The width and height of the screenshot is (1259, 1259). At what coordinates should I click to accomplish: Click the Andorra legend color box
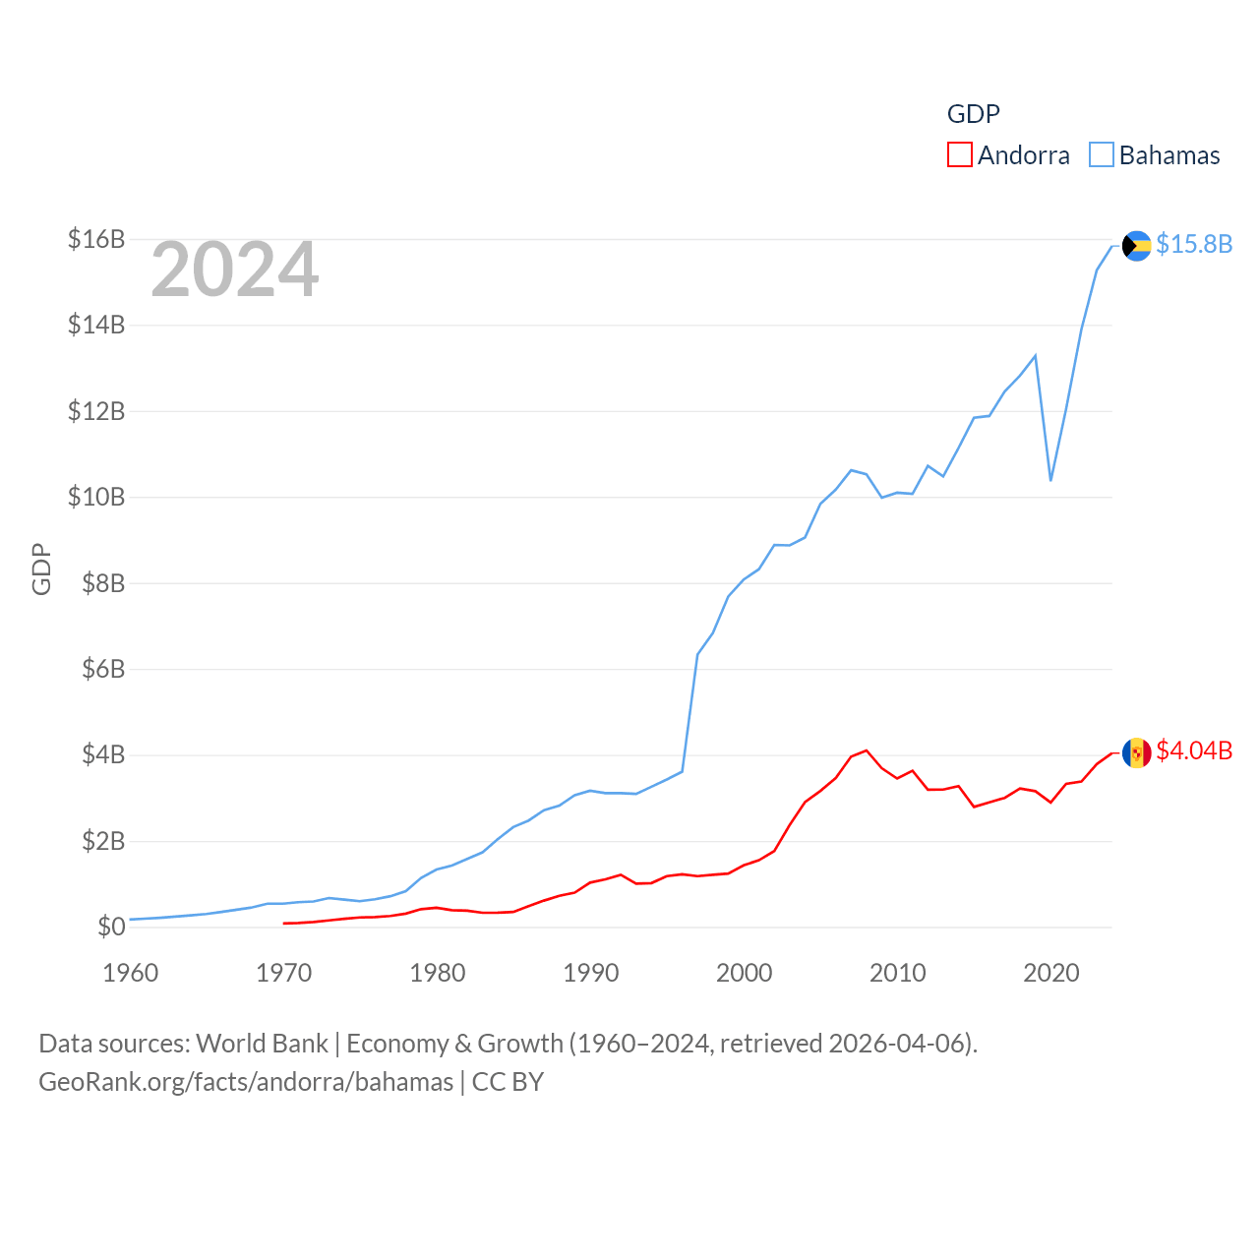959,154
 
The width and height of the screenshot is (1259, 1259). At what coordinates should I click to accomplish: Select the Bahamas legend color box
1102,154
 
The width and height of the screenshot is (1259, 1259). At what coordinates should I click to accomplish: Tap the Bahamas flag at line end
1137,245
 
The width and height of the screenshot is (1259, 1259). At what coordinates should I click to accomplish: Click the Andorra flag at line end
1137,752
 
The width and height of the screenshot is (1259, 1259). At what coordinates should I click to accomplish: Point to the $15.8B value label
1194,244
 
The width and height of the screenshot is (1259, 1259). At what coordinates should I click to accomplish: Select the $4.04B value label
1194,750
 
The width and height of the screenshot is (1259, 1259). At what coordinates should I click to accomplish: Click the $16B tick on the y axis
96,239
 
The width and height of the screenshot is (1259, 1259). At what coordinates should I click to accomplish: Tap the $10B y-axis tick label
96,497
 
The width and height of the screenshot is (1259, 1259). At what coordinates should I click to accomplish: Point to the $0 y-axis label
111,927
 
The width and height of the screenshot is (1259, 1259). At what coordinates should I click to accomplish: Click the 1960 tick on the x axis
131,973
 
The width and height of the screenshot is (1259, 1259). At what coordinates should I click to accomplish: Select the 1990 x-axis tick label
591,973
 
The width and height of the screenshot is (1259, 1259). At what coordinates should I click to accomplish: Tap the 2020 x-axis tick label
1051,973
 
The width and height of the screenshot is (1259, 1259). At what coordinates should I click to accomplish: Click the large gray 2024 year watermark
235,270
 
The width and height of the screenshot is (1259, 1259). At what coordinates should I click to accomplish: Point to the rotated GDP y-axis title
41,569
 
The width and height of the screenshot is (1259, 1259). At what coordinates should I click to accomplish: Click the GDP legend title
973,114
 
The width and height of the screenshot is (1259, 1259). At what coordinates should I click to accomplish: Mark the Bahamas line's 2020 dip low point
1050,480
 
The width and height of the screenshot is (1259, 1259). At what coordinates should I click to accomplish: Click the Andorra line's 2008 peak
867,750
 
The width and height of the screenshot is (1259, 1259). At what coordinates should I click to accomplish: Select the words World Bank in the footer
262,1043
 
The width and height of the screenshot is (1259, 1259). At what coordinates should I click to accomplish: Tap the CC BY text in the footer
508,1082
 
